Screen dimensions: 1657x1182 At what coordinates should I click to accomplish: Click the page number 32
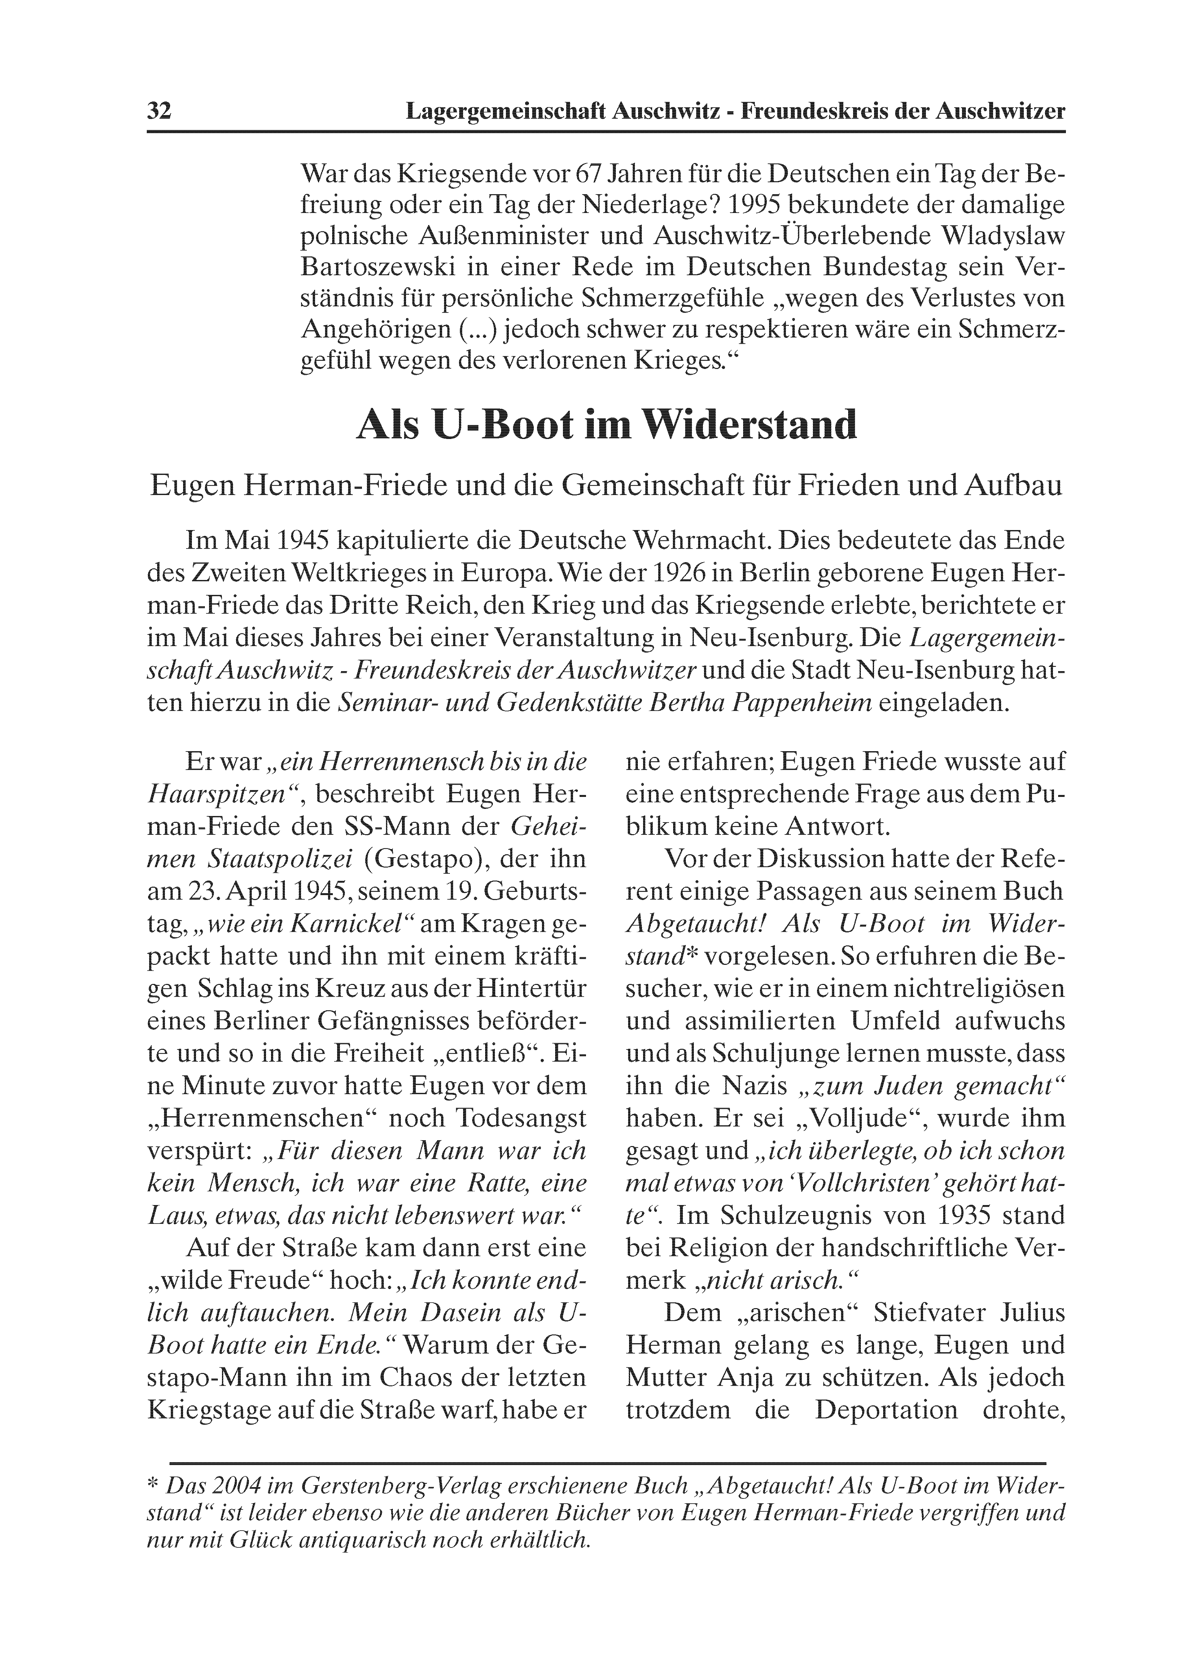point(159,112)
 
